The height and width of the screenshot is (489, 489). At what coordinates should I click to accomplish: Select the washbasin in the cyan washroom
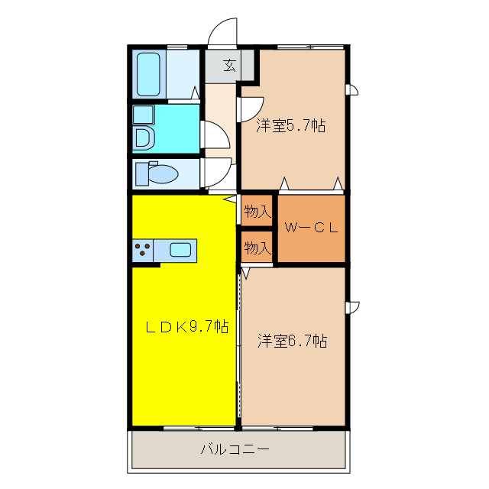coord(142,138)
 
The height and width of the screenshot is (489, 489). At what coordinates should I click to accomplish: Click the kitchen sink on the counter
coord(180,248)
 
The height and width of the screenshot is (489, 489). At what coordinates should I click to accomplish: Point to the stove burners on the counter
coord(142,248)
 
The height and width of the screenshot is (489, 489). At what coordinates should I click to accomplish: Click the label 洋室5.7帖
coord(290,125)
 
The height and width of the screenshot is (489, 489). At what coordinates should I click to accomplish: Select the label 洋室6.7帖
coord(292,341)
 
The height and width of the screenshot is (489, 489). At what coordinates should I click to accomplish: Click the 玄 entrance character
coord(229,66)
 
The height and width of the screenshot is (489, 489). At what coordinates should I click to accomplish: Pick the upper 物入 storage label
coord(257,212)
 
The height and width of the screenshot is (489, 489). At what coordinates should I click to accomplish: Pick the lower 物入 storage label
coord(257,248)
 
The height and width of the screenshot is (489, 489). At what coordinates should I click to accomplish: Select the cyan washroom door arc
coord(217,135)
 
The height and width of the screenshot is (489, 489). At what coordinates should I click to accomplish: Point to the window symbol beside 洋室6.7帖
coord(351,307)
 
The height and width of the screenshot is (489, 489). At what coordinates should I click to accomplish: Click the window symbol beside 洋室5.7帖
coord(351,91)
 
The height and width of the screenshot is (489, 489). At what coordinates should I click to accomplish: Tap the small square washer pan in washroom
coord(143,115)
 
